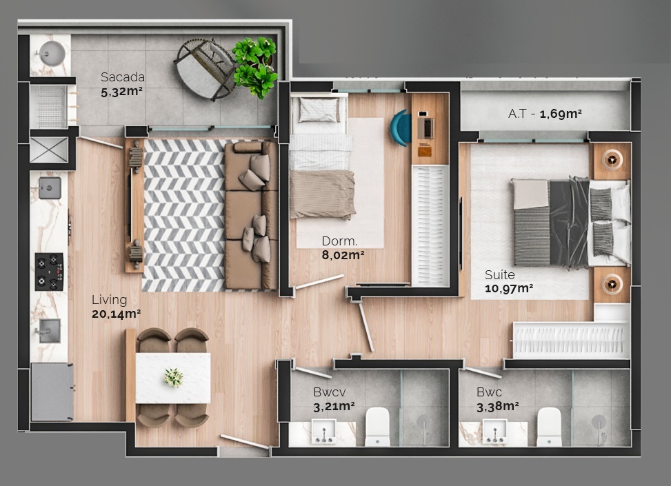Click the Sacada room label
[123, 77]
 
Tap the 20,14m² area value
[116, 314]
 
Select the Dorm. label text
[339, 241]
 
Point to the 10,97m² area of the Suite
[508, 288]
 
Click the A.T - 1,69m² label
[545, 113]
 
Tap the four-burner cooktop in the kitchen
[50, 272]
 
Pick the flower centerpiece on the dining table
[173, 377]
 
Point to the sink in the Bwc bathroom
[494, 432]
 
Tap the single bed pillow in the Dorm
[319, 110]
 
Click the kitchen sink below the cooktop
[49, 331]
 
